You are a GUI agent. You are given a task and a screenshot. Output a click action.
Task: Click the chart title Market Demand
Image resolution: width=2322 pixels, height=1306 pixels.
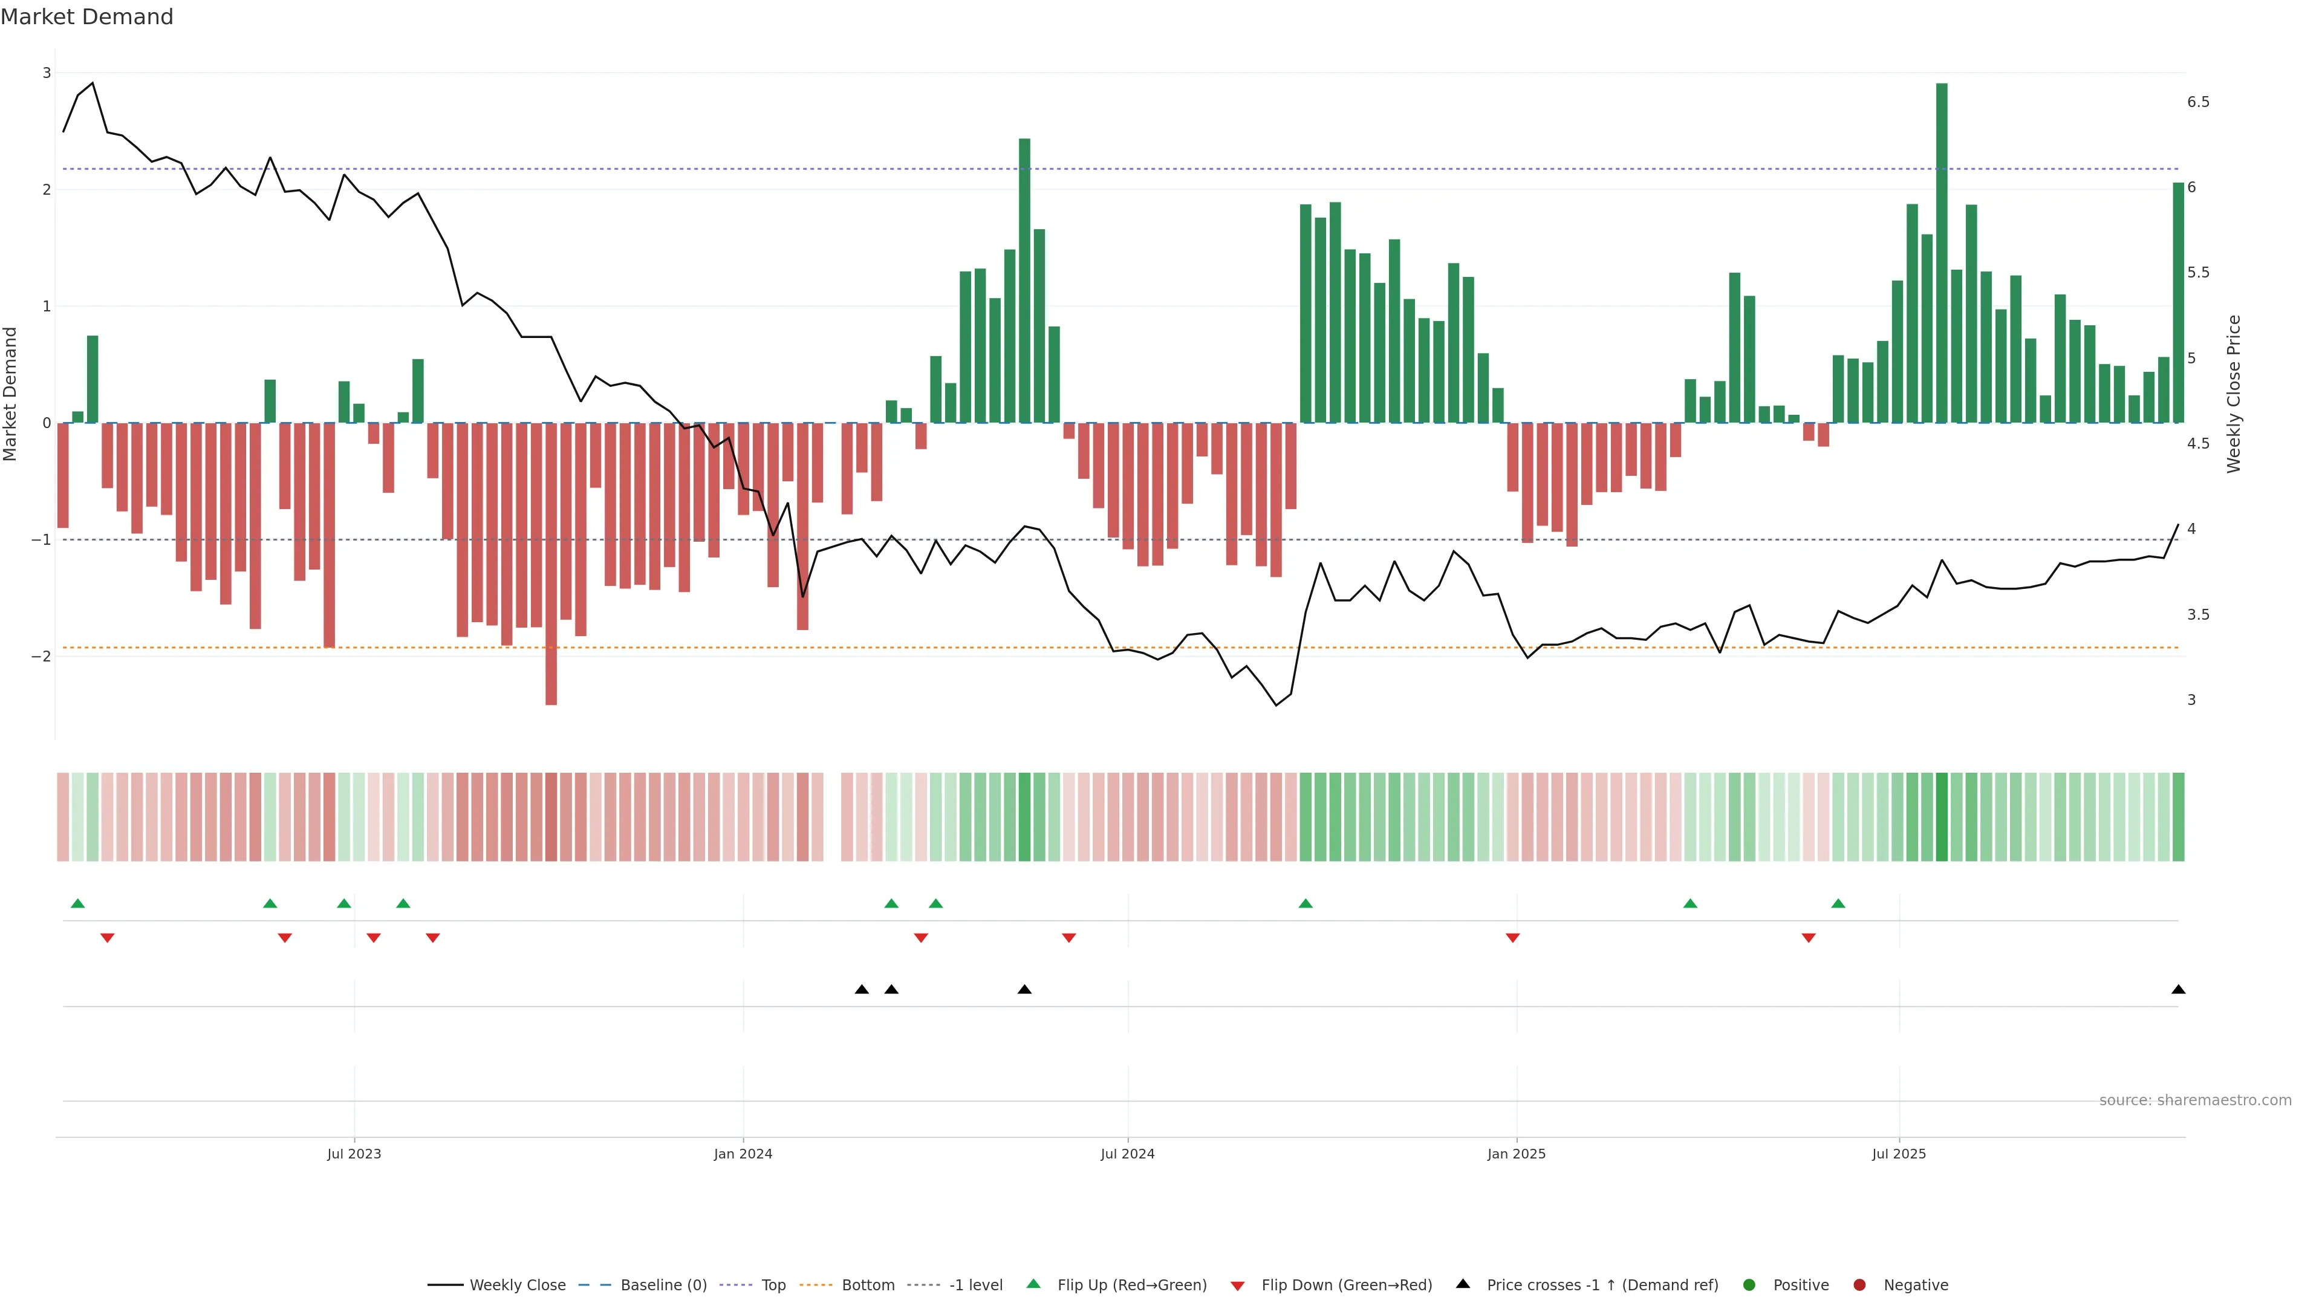(x=86, y=17)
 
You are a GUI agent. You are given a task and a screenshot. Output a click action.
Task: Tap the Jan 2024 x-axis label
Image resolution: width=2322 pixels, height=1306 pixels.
(x=743, y=1154)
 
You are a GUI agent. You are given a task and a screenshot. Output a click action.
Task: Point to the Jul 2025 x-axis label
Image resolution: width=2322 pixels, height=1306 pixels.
(x=1898, y=1154)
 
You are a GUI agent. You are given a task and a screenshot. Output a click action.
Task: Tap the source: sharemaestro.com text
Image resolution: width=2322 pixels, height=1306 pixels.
(x=2195, y=1100)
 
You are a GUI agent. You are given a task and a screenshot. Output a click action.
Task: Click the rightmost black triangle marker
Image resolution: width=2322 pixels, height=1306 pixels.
(x=2177, y=990)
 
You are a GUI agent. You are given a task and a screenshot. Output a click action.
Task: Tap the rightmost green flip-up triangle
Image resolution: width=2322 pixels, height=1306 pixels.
(x=1838, y=904)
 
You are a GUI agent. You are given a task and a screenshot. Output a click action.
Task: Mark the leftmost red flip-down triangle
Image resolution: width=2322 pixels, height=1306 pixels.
(x=107, y=938)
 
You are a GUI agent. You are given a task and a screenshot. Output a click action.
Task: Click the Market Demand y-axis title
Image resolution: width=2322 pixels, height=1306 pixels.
(x=10, y=394)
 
